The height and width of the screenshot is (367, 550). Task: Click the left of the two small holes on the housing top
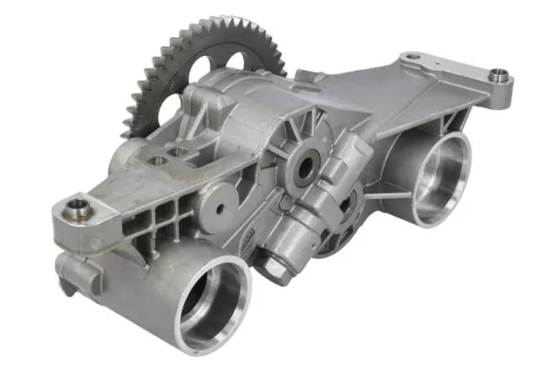pyautogui.click(x=161, y=160)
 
